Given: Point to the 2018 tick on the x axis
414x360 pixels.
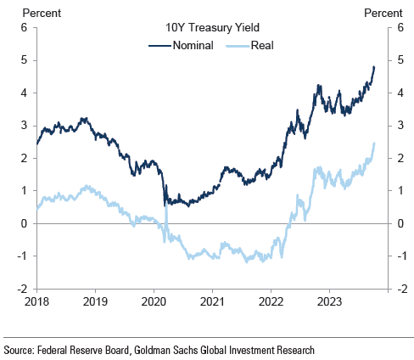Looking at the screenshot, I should pyautogui.click(x=37, y=301).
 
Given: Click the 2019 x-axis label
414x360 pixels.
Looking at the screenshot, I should pyautogui.click(x=96, y=301).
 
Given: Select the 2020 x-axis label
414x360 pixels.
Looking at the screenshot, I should pyautogui.click(x=154, y=301).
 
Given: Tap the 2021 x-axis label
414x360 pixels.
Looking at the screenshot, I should pyautogui.click(x=213, y=301).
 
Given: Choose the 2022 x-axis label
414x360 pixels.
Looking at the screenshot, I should pyautogui.click(x=271, y=301).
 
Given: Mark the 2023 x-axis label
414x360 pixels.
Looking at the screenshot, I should pyautogui.click(x=329, y=301).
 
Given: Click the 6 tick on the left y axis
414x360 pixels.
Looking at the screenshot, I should pyautogui.click(x=25, y=27).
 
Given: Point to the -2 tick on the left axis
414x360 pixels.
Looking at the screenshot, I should pyautogui.click(x=23, y=289).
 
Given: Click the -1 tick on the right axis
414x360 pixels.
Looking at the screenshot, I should pyautogui.click(x=399, y=256).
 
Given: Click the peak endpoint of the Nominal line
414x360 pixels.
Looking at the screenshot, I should pyautogui.click(x=374, y=67).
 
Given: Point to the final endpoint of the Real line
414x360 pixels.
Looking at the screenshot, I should pyautogui.click(x=374, y=143).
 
